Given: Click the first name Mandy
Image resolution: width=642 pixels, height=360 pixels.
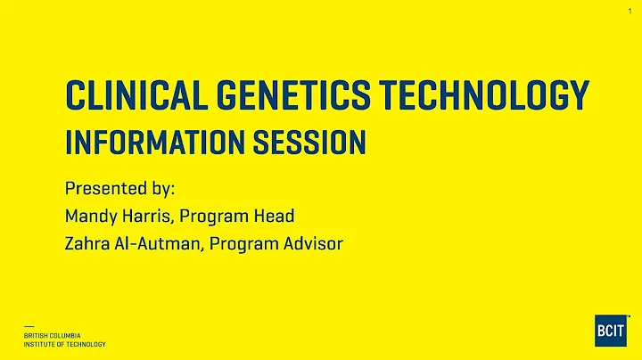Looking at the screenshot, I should (x=88, y=216).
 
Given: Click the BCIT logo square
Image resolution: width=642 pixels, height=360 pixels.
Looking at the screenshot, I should (x=611, y=330).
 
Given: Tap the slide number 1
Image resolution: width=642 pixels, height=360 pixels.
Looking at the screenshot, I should (x=630, y=10).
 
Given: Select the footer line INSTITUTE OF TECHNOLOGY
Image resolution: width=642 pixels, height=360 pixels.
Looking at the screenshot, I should (x=65, y=344).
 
